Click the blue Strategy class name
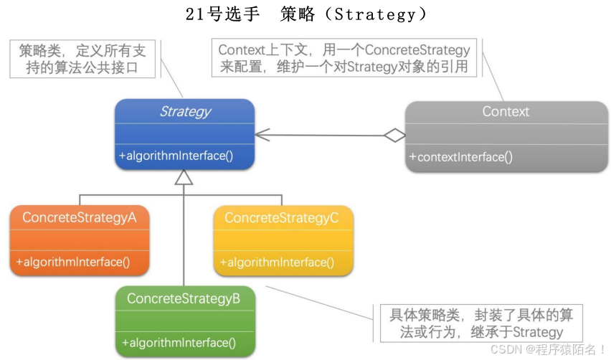point(185,111)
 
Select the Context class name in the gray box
point(506,111)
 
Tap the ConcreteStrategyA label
point(80,217)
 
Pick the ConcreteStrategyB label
point(184,298)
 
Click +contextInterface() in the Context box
point(461,157)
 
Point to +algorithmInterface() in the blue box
point(176,156)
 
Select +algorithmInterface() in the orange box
point(73,262)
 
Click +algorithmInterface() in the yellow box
point(277,262)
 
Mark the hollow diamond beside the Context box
point(394,134)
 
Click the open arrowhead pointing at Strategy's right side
point(261,134)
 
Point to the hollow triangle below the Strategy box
point(184,176)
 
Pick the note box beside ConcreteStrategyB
point(479,323)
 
